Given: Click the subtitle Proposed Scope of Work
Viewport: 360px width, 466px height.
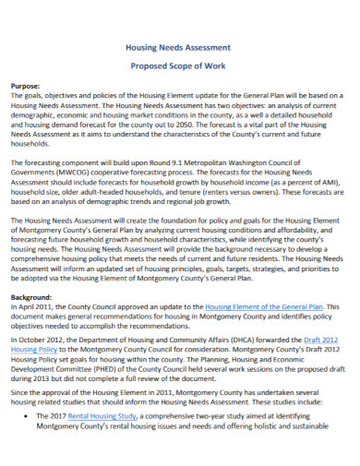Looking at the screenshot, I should coord(177,66).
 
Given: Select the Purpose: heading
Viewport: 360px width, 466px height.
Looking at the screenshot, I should coord(29,84).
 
